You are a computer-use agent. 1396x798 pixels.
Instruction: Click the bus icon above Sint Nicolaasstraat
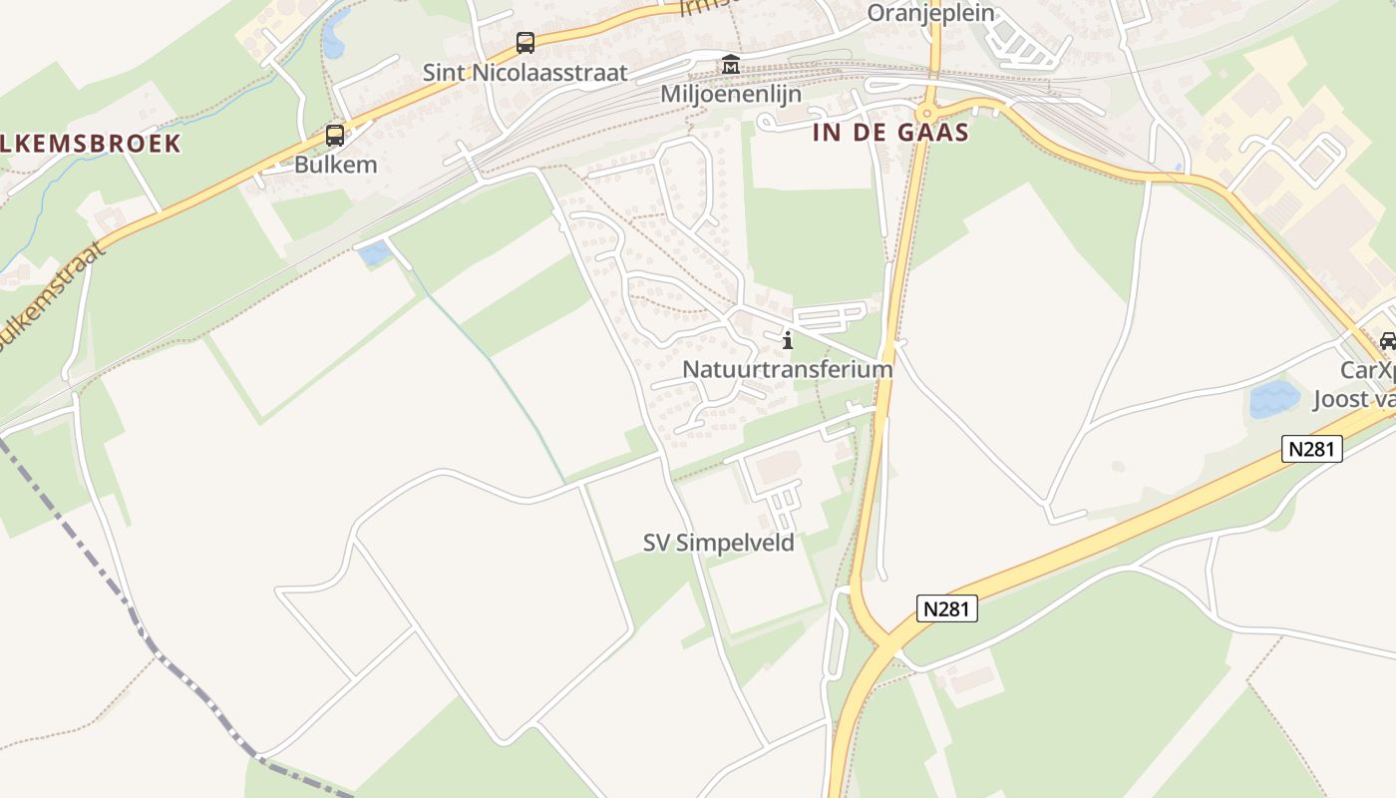click(x=525, y=43)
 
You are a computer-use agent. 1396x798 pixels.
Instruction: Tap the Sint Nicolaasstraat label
click(x=525, y=73)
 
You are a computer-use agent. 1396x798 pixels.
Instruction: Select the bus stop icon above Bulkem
click(x=335, y=136)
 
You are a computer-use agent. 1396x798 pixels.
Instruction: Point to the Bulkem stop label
click(x=335, y=165)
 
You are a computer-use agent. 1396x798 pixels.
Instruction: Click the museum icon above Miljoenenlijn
click(x=731, y=65)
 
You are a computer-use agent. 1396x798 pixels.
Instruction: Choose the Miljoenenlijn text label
click(x=731, y=94)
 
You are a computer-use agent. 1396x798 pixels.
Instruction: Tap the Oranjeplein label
click(x=931, y=13)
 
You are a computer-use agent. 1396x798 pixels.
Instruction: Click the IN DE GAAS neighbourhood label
click(x=891, y=133)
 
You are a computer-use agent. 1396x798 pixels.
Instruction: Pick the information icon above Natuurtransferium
click(x=788, y=340)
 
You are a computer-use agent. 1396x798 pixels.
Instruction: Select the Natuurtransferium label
click(x=787, y=369)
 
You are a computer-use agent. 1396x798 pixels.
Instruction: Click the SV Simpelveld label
click(x=718, y=543)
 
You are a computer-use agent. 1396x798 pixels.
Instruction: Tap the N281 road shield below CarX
click(x=1311, y=449)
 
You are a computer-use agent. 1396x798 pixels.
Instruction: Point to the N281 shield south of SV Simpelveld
click(x=946, y=608)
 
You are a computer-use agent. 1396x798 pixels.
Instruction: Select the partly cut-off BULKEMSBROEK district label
click(x=90, y=144)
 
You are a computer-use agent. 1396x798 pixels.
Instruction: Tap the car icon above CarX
click(x=1387, y=341)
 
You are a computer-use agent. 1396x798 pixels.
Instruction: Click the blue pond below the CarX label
click(x=1274, y=399)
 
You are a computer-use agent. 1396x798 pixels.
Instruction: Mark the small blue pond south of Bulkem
click(x=374, y=253)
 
